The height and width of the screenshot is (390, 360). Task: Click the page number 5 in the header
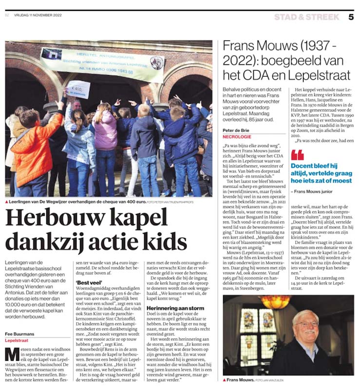coord(351,17)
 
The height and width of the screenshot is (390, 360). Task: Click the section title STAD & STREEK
coord(306,17)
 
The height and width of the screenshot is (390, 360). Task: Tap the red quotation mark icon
coord(297,155)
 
